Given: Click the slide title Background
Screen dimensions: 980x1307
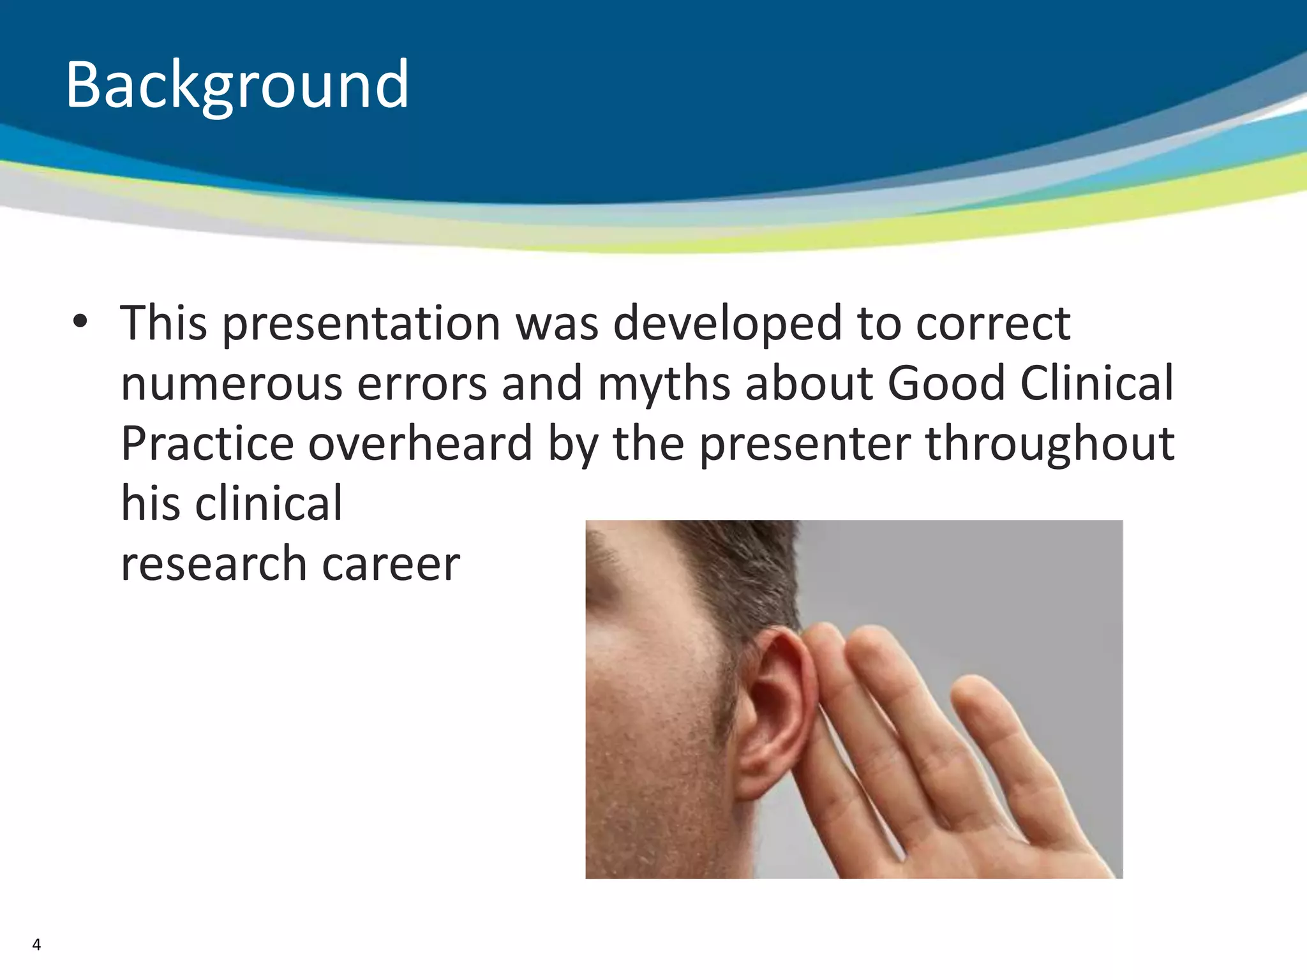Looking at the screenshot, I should pyautogui.click(x=237, y=85).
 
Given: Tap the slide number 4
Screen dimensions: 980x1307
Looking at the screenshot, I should pyautogui.click(x=36, y=945).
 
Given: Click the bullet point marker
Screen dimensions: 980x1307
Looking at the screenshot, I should pyautogui.click(x=79, y=322).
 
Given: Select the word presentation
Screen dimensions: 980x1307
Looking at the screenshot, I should pyautogui.click(x=361, y=324).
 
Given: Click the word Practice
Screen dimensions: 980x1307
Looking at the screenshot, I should pyautogui.click(x=207, y=443).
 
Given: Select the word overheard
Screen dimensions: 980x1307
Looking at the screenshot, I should pyautogui.click(x=420, y=443).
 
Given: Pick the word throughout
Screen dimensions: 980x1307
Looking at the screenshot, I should pyautogui.click(x=1050, y=443).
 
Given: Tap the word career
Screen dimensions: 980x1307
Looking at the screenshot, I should pyautogui.click(x=391, y=565).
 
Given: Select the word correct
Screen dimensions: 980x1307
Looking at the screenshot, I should pyautogui.click(x=993, y=324).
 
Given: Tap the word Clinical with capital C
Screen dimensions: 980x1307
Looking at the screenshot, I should pyautogui.click(x=1096, y=383).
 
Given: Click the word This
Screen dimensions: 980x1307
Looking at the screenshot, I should pyautogui.click(x=164, y=323).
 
